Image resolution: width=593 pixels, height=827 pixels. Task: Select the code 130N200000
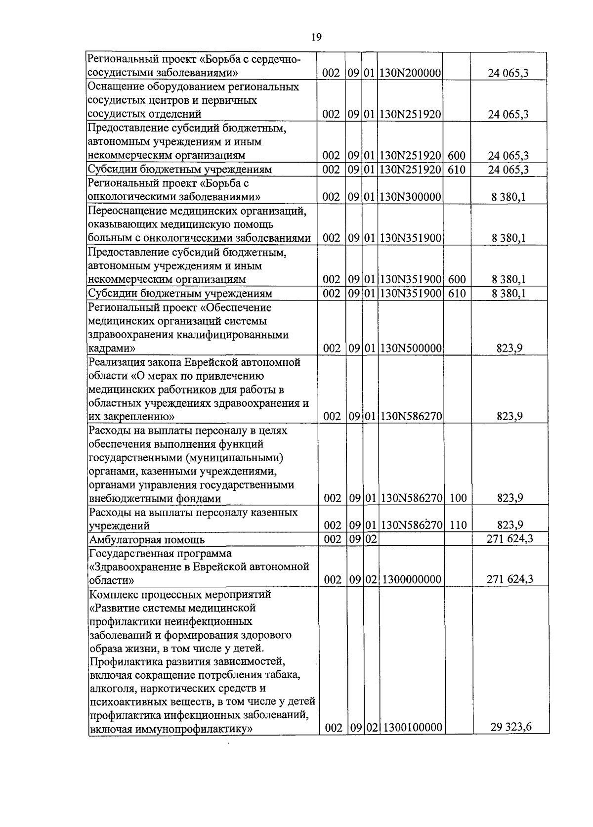click(410, 74)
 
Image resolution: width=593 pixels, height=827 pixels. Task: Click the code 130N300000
click(410, 197)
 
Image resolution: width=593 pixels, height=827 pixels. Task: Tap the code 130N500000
click(410, 348)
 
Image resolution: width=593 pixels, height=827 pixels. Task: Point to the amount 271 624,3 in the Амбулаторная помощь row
click(509, 539)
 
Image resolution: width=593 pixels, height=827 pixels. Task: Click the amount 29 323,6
click(511, 727)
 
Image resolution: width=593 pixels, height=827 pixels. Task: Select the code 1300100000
click(412, 728)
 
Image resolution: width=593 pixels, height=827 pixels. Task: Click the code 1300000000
click(412, 579)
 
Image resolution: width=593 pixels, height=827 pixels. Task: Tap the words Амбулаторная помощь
click(146, 540)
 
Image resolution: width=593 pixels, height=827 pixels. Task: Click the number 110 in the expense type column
click(458, 525)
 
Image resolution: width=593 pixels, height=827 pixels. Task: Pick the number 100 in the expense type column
click(458, 498)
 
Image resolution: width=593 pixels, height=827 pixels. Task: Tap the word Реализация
click(116, 362)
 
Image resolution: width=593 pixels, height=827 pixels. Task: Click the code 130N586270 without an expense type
click(410, 417)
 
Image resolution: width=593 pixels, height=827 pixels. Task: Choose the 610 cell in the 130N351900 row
click(457, 294)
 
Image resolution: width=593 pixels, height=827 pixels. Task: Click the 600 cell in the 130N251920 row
click(457, 156)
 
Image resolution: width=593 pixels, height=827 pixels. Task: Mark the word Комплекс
click(112, 594)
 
